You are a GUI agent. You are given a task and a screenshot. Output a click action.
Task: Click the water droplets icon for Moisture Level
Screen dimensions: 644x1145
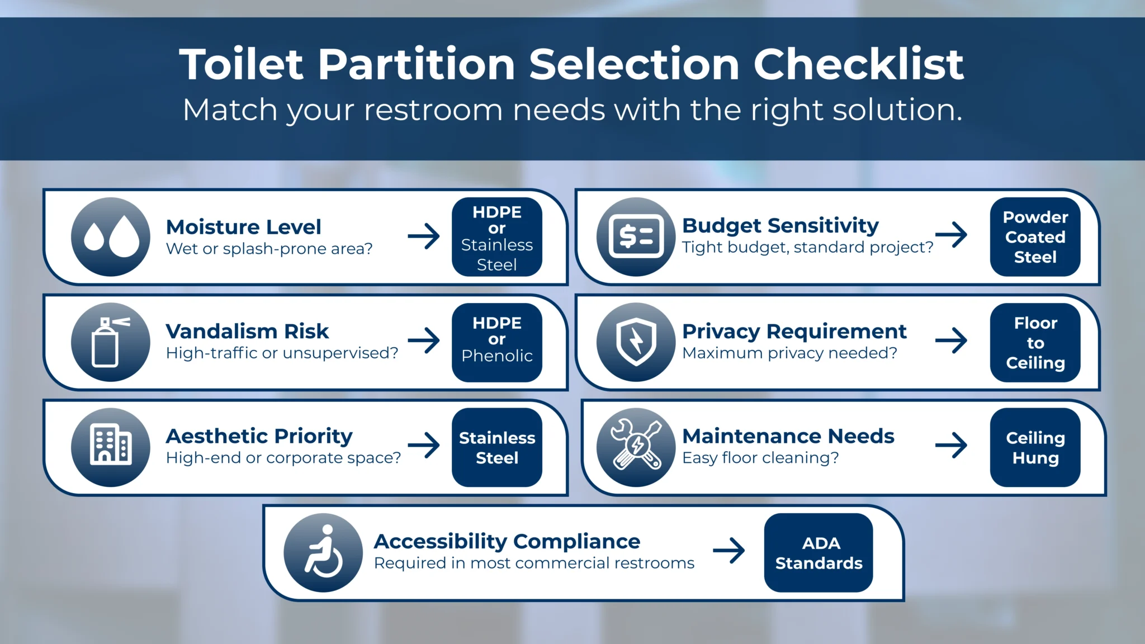click(x=111, y=237)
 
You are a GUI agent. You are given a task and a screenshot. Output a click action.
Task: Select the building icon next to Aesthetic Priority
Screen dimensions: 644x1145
click(x=111, y=447)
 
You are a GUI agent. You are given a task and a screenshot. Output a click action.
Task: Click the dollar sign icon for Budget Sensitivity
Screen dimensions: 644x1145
click(x=636, y=237)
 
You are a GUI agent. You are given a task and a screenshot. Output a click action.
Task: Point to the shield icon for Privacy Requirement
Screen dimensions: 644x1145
click(x=636, y=342)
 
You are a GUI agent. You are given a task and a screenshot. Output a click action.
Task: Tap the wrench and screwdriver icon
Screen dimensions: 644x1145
click(x=636, y=447)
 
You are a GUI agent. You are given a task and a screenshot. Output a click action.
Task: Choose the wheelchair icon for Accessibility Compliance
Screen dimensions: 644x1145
click(x=323, y=552)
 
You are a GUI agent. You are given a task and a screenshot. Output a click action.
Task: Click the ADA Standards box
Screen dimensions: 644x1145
click(x=818, y=552)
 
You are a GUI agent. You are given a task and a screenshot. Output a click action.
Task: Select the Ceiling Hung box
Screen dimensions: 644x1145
click(x=1035, y=447)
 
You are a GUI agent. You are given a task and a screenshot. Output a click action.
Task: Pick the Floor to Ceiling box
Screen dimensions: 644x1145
click(x=1035, y=342)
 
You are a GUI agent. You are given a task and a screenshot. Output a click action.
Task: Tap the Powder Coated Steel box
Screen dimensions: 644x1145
click(x=1035, y=237)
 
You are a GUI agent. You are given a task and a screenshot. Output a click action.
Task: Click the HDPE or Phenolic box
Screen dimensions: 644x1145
click(x=496, y=342)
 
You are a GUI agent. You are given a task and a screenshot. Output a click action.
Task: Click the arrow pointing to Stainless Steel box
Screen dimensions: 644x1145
click(x=424, y=446)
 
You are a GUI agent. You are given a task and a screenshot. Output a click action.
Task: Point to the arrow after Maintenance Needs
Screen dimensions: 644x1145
click(x=951, y=446)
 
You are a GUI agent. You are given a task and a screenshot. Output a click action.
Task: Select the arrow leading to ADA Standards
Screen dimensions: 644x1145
click(x=729, y=551)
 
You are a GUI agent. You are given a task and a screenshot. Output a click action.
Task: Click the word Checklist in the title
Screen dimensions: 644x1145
click(x=858, y=64)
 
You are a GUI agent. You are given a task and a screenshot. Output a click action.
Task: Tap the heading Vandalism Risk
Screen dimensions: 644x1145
click(x=247, y=331)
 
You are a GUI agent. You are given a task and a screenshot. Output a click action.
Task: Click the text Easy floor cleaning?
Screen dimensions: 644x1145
click(x=760, y=458)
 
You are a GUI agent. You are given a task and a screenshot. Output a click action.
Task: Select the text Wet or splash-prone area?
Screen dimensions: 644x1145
click(x=269, y=249)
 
